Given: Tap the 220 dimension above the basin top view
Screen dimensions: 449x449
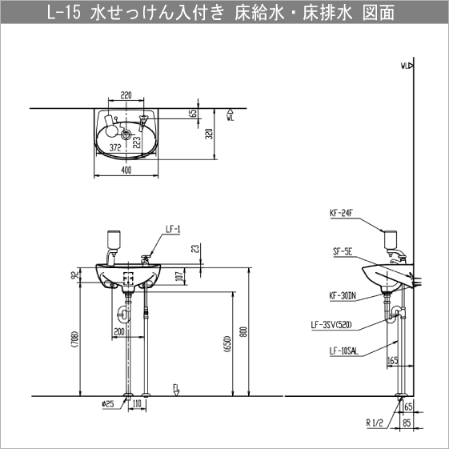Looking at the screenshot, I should click(x=126, y=95).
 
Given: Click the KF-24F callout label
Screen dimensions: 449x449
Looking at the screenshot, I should click(x=342, y=214).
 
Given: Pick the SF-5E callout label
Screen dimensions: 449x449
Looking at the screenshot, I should click(x=343, y=251).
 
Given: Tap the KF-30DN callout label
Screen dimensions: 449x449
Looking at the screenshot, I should click(x=344, y=295).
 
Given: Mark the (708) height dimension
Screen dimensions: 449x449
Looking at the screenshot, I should click(x=74, y=341).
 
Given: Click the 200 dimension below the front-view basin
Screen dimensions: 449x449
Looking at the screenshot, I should click(x=118, y=331).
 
